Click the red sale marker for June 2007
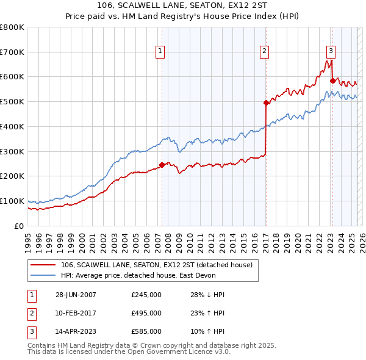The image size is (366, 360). (162, 164)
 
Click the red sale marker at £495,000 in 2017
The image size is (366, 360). (266, 103)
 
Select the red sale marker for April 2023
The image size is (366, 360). (332, 80)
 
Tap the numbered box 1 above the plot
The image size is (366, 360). (160, 51)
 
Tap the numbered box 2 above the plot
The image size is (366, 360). (265, 51)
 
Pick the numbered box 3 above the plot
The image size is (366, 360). (331, 51)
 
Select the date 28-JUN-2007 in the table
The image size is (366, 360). (76, 295)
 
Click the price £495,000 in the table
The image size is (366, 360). (146, 313)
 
